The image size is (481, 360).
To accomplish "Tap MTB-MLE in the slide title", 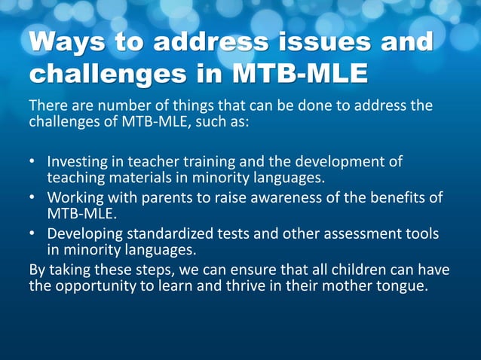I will [300, 73].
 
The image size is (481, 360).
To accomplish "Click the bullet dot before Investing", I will [32, 162].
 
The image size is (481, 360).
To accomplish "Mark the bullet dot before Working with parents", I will [32, 198].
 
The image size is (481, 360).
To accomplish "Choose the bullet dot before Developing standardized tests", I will [32, 234].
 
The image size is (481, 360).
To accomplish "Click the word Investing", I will [77, 162].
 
